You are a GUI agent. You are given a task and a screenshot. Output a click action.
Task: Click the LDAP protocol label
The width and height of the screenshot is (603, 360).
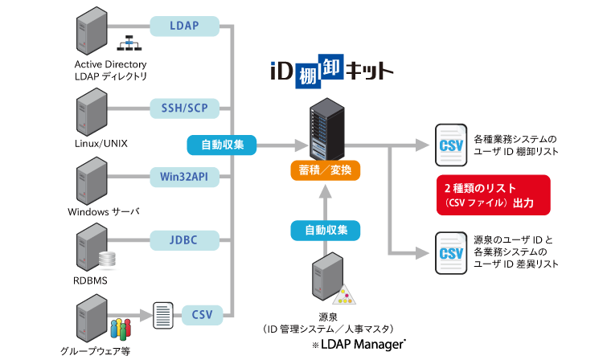pos(184,26)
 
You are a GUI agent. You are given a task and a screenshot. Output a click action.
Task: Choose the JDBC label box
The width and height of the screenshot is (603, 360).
pos(184,239)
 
